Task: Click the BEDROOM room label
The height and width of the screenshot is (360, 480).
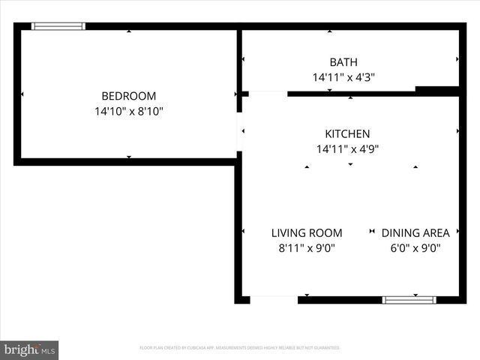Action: [129, 96]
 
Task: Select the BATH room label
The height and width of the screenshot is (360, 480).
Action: [343, 62]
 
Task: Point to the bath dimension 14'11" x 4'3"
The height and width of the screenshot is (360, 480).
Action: [343, 77]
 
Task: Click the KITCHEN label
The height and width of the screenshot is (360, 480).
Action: [347, 133]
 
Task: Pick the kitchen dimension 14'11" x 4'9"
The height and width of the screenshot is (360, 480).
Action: [347, 149]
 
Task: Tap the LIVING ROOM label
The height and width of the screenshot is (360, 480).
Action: [307, 233]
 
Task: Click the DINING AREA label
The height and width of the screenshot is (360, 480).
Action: [415, 233]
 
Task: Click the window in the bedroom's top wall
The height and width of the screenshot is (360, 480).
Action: [58, 26]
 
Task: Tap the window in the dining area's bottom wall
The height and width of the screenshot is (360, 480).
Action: [409, 300]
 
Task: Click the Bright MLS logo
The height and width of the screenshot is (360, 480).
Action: [29, 349]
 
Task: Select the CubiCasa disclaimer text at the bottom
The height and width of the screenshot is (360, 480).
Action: [240, 348]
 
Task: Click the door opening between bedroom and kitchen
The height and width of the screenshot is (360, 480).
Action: [240, 132]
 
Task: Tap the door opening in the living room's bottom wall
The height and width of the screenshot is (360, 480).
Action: [274, 300]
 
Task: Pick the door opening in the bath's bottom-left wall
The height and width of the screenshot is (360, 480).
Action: [267, 94]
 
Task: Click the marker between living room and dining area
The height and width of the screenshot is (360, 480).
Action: [373, 232]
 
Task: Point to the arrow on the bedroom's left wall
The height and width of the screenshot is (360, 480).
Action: [22, 94]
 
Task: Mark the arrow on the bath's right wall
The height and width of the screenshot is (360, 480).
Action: [457, 58]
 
